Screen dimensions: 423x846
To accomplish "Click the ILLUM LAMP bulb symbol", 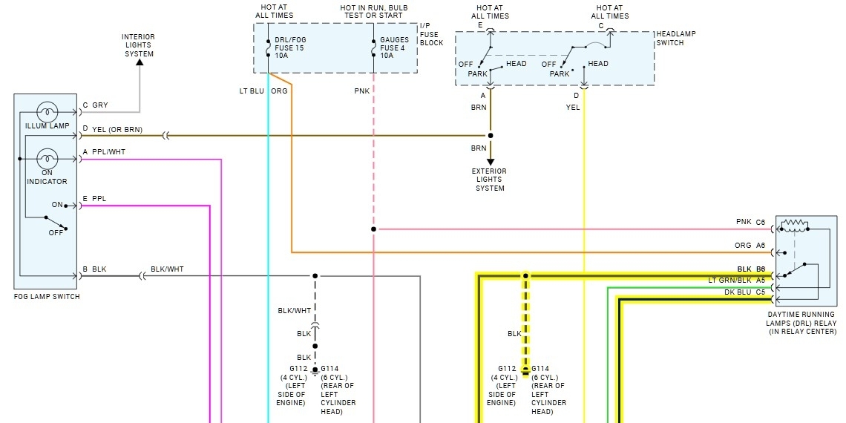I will pyautogui.click(x=47, y=111).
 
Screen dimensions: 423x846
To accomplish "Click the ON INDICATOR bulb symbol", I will pyautogui.click(x=47, y=158).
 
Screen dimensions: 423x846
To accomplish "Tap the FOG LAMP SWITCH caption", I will pyautogui.click(x=46, y=297).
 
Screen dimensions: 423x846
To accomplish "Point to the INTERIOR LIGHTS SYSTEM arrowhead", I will pyautogui.click(x=139, y=62).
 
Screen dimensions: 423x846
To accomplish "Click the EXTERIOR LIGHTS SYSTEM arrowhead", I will pyautogui.click(x=491, y=161).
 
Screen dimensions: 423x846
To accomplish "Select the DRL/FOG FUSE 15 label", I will pyautogui.click(x=289, y=47).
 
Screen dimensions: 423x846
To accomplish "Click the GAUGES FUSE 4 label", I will pyautogui.click(x=394, y=47).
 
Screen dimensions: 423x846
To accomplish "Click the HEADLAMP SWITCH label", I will pyautogui.click(x=675, y=39).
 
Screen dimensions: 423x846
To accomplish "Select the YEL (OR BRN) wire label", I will pyautogui.click(x=117, y=130).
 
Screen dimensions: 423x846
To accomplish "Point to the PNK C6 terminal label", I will pyautogui.click(x=750, y=222).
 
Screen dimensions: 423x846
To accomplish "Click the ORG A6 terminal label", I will pyautogui.click(x=750, y=245).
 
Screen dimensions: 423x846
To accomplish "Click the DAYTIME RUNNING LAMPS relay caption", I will pyautogui.click(x=801, y=323).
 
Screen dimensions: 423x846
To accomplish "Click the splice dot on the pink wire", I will pyautogui.click(x=373, y=229).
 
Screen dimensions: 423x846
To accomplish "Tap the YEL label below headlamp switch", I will pyautogui.click(x=573, y=108).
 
